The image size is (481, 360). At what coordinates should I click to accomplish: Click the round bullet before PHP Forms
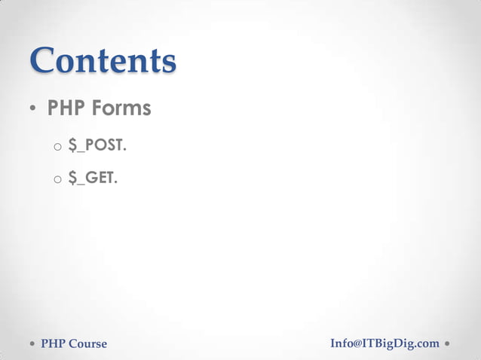33,110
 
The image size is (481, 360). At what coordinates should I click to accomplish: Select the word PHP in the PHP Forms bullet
67,109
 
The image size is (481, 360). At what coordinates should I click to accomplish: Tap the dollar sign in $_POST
72,145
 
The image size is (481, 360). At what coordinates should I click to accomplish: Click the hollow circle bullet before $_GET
57,180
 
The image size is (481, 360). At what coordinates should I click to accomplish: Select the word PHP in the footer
52,344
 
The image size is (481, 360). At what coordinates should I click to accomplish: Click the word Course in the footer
87,344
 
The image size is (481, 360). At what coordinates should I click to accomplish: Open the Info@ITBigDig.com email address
384,343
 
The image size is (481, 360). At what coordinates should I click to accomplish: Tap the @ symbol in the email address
357,343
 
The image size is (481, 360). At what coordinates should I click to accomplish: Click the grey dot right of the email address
448,343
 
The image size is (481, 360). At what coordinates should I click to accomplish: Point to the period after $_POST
124,150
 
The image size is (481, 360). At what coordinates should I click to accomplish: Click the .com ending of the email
426,344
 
